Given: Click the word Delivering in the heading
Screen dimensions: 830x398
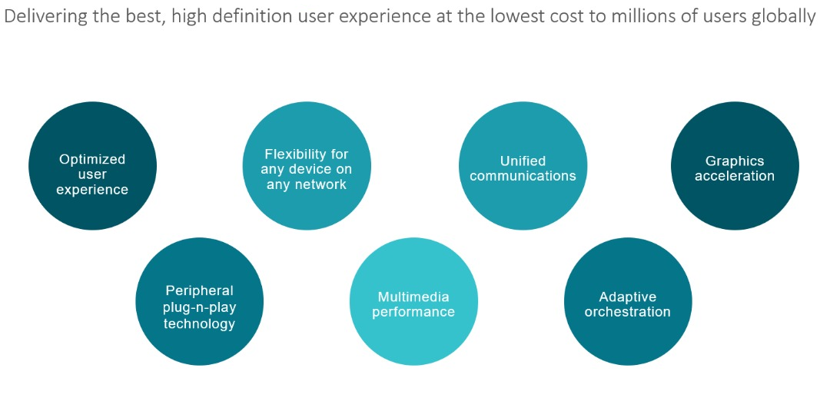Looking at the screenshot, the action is [x=37, y=17].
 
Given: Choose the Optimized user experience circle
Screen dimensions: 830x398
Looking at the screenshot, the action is [x=93, y=166].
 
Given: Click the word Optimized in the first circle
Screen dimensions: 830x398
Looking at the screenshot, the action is [x=93, y=159].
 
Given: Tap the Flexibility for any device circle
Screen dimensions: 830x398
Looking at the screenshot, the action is [x=307, y=166].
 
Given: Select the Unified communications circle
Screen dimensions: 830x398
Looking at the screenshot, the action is [x=523, y=166].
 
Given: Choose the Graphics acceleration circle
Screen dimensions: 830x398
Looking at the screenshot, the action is [x=735, y=166].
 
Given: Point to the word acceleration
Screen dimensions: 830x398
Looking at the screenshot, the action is [x=735, y=176].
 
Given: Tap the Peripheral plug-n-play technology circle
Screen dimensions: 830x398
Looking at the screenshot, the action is [x=200, y=301].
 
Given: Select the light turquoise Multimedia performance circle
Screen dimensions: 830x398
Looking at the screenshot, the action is [x=414, y=301].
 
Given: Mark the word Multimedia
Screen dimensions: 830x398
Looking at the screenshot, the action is [x=414, y=297].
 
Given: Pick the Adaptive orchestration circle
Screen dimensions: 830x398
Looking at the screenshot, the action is [x=628, y=301].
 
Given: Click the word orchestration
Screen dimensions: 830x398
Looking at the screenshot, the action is [x=628, y=312].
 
